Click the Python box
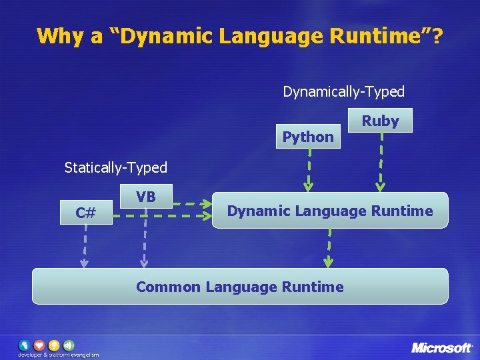[x=308, y=137]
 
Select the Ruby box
[x=380, y=121]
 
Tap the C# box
[x=85, y=213]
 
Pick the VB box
[x=146, y=197]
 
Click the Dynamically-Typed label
[x=343, y=91]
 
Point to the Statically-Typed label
[x=116, y=167]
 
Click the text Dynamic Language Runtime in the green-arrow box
[x=330, y=211]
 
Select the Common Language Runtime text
[x=240, y=287]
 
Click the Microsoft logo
[x=441, y=347]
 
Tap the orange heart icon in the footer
[x=39, y=345]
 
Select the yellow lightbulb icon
[x=53, y=345]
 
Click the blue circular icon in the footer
[x=24, y=345]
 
